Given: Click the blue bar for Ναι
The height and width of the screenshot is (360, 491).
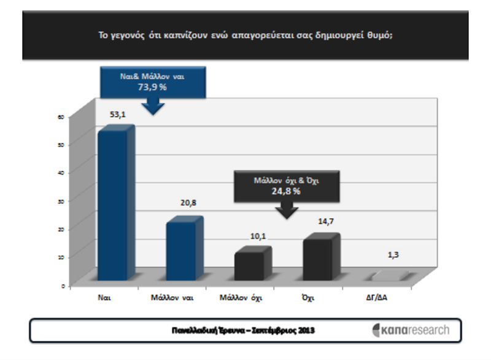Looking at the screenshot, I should [112, 205].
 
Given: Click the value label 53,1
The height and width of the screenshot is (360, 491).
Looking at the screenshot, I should [117, 113].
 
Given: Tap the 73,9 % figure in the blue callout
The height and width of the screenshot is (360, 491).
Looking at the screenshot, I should [152, 88].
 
